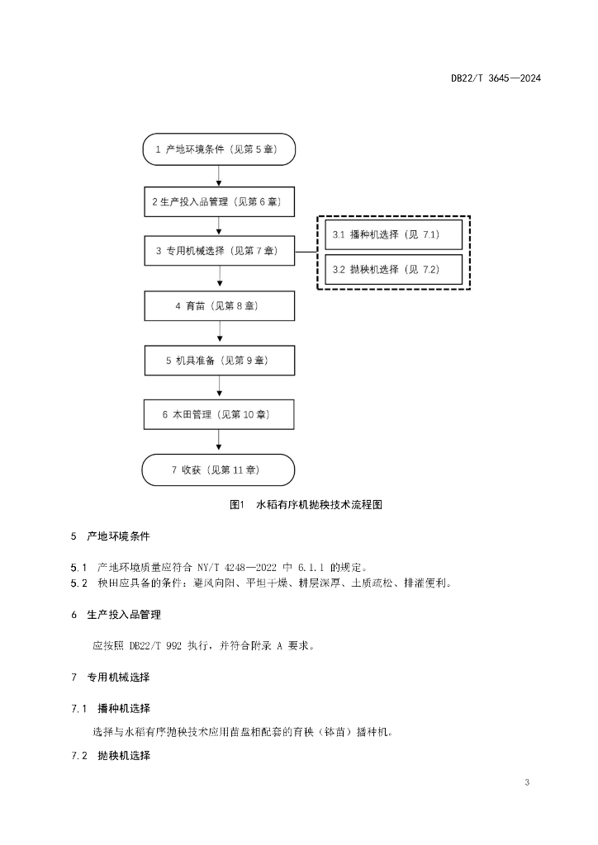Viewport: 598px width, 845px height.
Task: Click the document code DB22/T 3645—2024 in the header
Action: coord(496,78)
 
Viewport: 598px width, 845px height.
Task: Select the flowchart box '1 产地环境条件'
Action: coord(219,149)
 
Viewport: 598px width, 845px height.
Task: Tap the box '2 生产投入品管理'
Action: coord(219,202)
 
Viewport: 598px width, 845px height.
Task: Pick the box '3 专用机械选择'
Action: coord(219,251)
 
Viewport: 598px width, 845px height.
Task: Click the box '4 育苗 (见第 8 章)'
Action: coord(219,305)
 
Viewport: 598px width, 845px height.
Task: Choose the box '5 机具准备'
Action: coord(219,360)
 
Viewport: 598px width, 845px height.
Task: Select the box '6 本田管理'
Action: coord(218,414)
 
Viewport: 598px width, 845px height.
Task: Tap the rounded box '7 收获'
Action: coord(218,470)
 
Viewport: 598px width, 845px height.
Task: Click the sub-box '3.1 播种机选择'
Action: coord(393,234)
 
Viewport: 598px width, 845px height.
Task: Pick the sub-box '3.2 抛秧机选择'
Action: coord(393,270)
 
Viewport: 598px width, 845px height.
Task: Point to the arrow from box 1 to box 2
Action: coord(219,177)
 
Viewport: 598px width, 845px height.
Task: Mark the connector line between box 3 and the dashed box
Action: coord(306,251)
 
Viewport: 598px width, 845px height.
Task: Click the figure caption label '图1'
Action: coord(237,504)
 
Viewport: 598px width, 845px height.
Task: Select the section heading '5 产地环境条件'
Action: coord(110,536)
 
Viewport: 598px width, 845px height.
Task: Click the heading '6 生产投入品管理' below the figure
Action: coord(116,615)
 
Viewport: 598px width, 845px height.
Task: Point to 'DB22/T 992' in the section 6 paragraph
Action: coord(155,645)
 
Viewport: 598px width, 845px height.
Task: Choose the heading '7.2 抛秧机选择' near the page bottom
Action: coord(111,756)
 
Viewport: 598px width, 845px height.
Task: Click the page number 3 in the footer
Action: coord(527,782)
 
